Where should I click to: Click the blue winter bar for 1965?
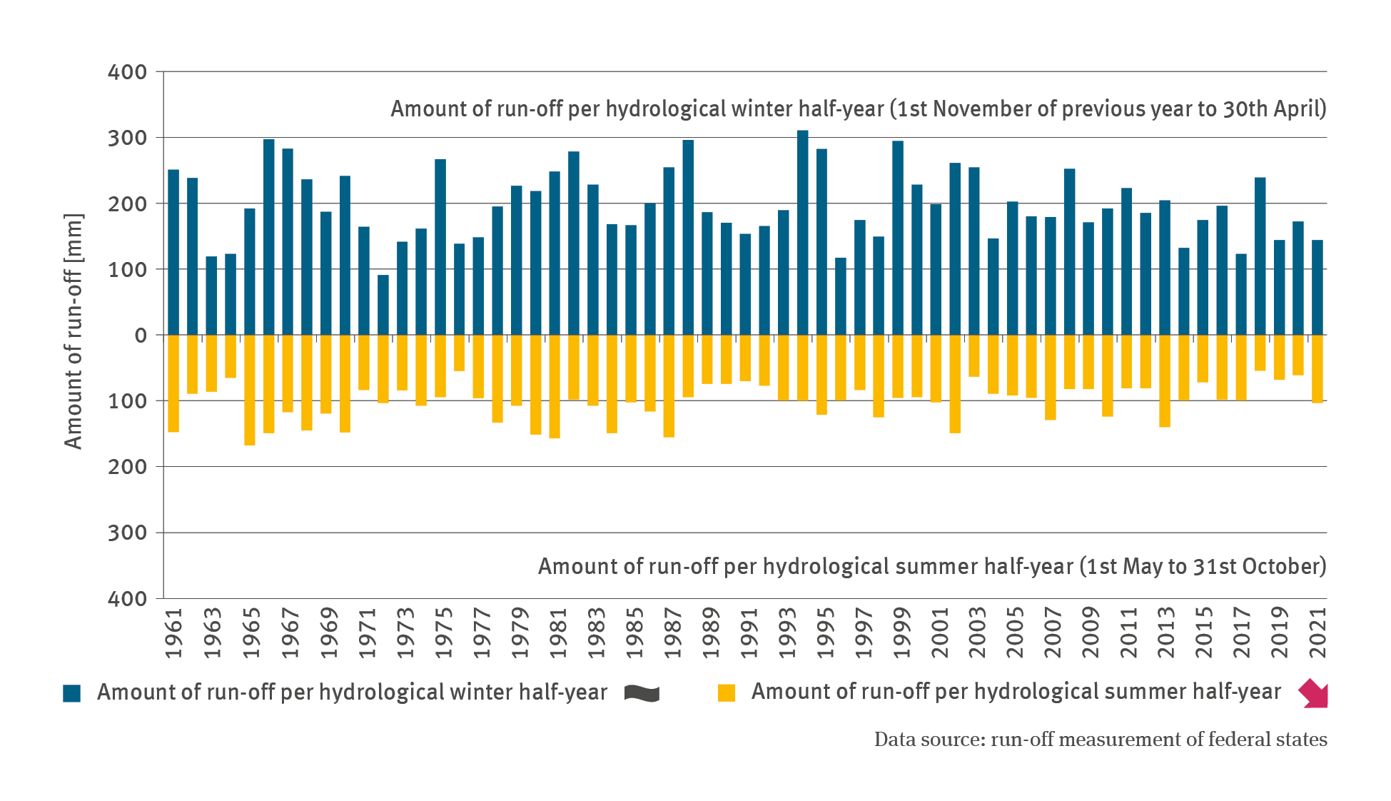tap(250, 271)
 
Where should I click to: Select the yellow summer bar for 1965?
tap(250, 390)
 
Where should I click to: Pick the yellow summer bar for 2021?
tap(1317, 368)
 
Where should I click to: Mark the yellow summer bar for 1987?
tap(669, 386)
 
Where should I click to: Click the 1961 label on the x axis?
tap(174, 633)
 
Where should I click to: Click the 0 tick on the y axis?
tap(141, 336)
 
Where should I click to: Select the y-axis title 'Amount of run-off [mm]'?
tap(74, 331)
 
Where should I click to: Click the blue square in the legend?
tap(72, 693)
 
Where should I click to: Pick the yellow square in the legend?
tap(727, 693)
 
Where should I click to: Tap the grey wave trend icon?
tap(642, 693)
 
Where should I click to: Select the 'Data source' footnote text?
tap(1101, 740)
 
